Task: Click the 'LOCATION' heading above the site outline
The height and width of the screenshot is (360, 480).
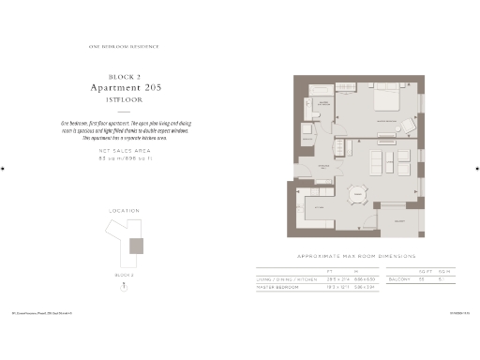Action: coord(126,210)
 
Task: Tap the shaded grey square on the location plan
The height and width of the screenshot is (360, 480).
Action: coord(137,246)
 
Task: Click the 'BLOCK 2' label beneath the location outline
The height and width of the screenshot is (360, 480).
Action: coord(126,275)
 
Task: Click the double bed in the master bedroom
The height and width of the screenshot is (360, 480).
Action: coord(386,99)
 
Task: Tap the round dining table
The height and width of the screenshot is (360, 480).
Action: coord(356,195)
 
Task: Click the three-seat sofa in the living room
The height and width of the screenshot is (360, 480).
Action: coord(381,163)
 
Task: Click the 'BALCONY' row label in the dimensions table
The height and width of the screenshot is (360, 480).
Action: coord(399,278)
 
